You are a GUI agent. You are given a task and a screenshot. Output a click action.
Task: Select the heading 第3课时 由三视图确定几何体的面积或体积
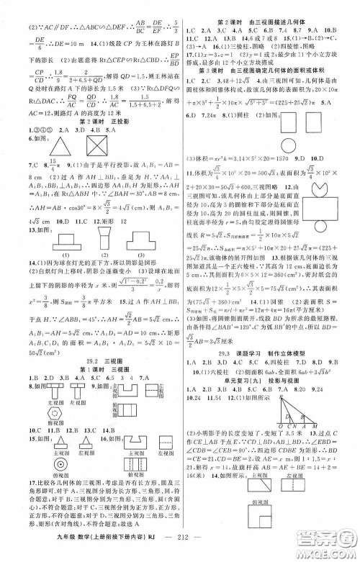(270, 89)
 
